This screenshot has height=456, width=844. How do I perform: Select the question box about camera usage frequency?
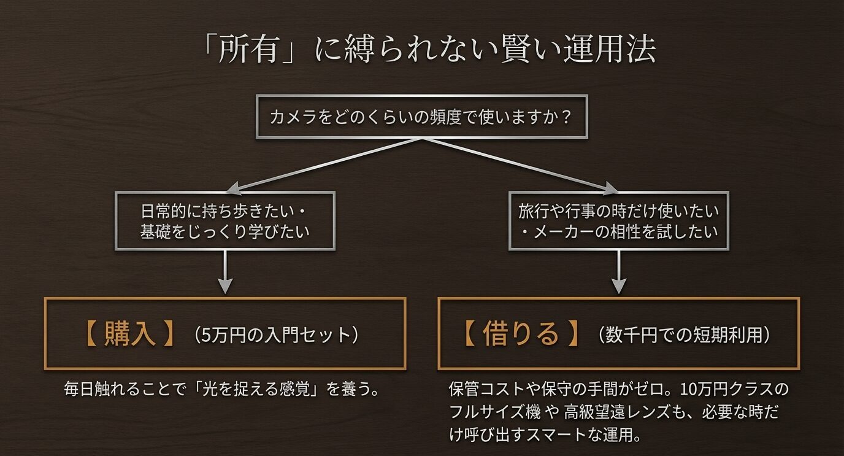point(421,117)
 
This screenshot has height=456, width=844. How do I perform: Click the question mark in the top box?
point(566,117)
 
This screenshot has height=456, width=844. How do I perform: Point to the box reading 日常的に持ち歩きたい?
point(225,221)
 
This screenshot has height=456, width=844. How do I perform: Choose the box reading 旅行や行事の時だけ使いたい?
point(618,221)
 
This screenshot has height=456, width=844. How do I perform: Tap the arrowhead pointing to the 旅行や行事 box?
point(611,187)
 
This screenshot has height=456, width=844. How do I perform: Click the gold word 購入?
point(129,334)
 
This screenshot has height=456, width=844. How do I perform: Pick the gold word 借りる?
point(521,334)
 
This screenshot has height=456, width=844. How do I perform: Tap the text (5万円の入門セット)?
point(275,335)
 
